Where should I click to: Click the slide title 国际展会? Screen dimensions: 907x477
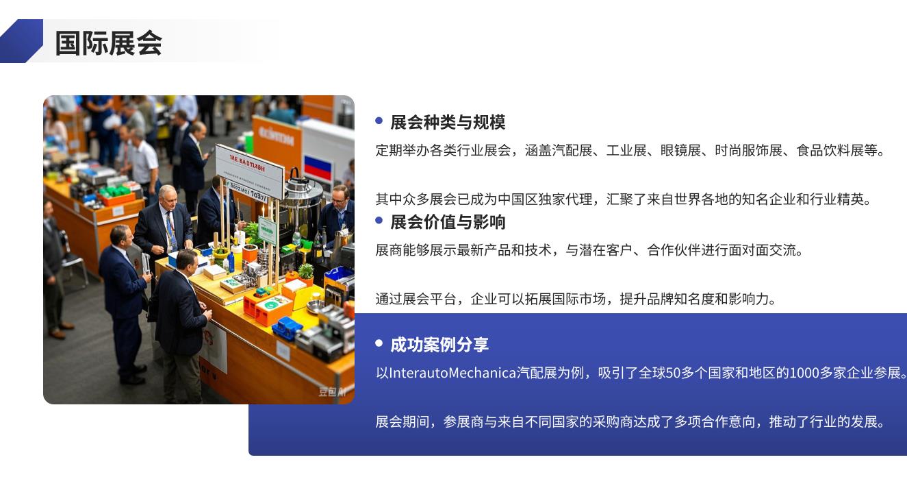tap(109, 42)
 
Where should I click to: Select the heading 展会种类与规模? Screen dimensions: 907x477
tap(448, 122)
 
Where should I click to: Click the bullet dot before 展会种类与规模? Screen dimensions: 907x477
tap(379, 121)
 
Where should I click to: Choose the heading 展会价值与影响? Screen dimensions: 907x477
tap(448, 222)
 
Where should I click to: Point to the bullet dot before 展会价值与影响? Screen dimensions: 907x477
tap(379, 221)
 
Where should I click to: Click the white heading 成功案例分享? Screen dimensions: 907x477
tap(439, 345)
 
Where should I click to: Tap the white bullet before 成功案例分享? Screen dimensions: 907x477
tap(379, 343)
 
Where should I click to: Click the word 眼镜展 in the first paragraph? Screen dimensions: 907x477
tap(680, 150)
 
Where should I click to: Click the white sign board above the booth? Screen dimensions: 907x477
tap(249, 171)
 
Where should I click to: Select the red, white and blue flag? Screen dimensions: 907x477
tap(318, 167)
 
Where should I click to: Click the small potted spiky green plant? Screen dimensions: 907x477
tap(306, 272)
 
